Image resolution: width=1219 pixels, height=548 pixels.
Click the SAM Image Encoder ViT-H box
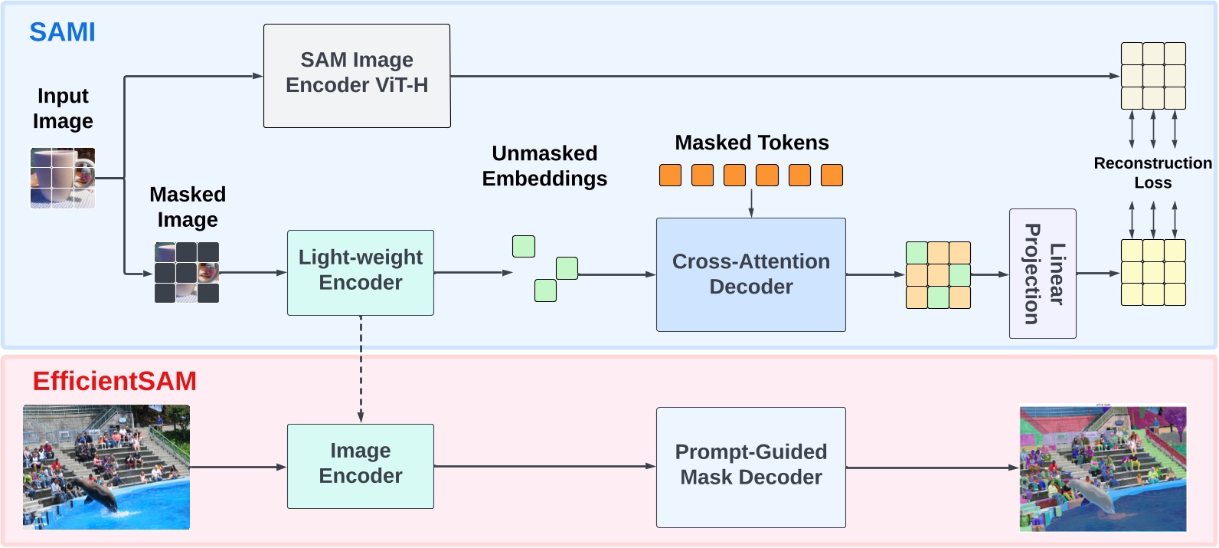click(357, 75)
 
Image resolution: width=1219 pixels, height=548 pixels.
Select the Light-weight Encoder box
click(360, 272)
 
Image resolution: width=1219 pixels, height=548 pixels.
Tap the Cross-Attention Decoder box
click(750, 274)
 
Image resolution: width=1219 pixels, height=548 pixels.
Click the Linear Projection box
click(1042, 274)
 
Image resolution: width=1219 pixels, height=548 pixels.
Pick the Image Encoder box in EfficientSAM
click(360, 466)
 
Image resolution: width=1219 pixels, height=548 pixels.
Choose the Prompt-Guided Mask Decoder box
click(750, 467)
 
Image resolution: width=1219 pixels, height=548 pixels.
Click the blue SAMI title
click(62, 32)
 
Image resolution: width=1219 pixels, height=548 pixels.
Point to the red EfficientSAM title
click(114, 381)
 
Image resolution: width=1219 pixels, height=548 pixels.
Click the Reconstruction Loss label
click(1152, 172)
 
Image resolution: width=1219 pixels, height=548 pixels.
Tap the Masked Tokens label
click(751, 143)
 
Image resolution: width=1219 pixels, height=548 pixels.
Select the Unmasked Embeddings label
click(544, 166)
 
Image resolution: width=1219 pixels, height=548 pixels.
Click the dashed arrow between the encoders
click(361, 368)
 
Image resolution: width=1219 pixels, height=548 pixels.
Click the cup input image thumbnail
click(63, 178)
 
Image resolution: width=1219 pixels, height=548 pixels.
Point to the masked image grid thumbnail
click(187, 272)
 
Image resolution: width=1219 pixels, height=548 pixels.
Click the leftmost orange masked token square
click(670, 175)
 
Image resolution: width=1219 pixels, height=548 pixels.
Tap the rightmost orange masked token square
click(832, 175)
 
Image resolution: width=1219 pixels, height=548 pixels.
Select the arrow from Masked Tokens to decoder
click(751, 202)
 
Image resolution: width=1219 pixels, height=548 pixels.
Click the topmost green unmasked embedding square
click(524, 246)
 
